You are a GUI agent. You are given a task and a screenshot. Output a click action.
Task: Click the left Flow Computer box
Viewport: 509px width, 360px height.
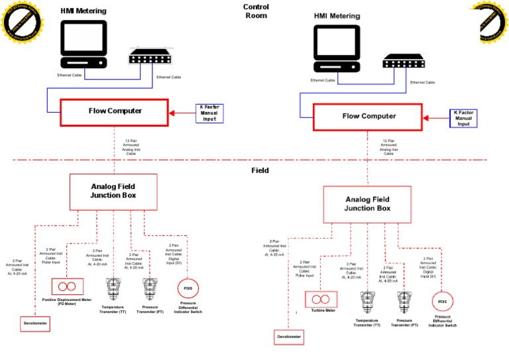pos(115,111)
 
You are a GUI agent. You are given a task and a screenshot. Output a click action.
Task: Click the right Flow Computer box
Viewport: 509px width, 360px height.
pos(368,117)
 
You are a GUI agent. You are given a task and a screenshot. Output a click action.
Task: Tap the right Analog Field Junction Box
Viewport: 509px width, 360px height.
pos(367,204)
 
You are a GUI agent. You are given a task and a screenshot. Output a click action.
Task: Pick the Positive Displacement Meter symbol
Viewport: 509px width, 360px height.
pos(67,287)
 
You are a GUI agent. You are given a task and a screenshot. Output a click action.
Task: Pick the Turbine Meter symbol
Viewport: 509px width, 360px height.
pos(321,299)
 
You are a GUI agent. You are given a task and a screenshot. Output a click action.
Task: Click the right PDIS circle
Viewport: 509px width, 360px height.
pos(442,301)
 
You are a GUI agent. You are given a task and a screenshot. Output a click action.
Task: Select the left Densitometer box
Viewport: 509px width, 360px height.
pos(33,324)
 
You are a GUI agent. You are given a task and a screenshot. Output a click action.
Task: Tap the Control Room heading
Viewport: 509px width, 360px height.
pos(255,11)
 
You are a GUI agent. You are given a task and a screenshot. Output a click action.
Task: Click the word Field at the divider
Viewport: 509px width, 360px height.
pos(260,170)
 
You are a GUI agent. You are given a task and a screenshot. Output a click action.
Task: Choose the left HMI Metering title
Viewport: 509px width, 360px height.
pos(84,10)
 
